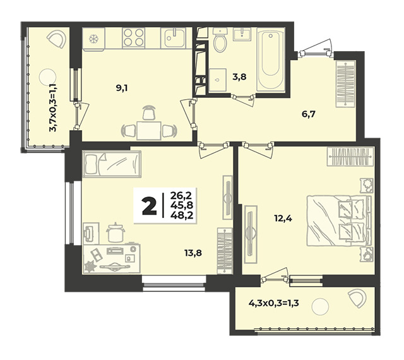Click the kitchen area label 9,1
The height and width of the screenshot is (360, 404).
pos(122,88)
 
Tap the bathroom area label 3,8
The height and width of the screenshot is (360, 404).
pos(239,76)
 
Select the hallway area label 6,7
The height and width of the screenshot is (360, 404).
pos(309,114)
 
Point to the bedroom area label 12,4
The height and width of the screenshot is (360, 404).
pos(283,219)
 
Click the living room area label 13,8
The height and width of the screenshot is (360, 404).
pos(193,253)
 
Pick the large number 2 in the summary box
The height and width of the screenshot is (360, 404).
pos(150,205)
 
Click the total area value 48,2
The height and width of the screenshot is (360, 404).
pos(182,215)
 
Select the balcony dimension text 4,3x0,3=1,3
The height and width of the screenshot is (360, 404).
pos(273,303)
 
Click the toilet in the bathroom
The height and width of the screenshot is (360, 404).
pos(220,40)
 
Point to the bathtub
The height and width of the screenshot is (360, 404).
pos(271,60)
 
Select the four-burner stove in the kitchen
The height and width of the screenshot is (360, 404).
pos(133,38)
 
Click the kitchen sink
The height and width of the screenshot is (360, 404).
pos(173,38)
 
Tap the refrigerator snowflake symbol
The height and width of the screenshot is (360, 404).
pos(93,39)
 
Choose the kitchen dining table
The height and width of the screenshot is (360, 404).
pos(149,131)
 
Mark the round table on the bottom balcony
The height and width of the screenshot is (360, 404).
pos(320,306)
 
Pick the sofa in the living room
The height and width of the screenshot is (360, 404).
pos(112,164)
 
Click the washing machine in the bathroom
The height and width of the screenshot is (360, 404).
pos(218,80)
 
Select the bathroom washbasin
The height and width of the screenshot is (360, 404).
pos(242,34)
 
